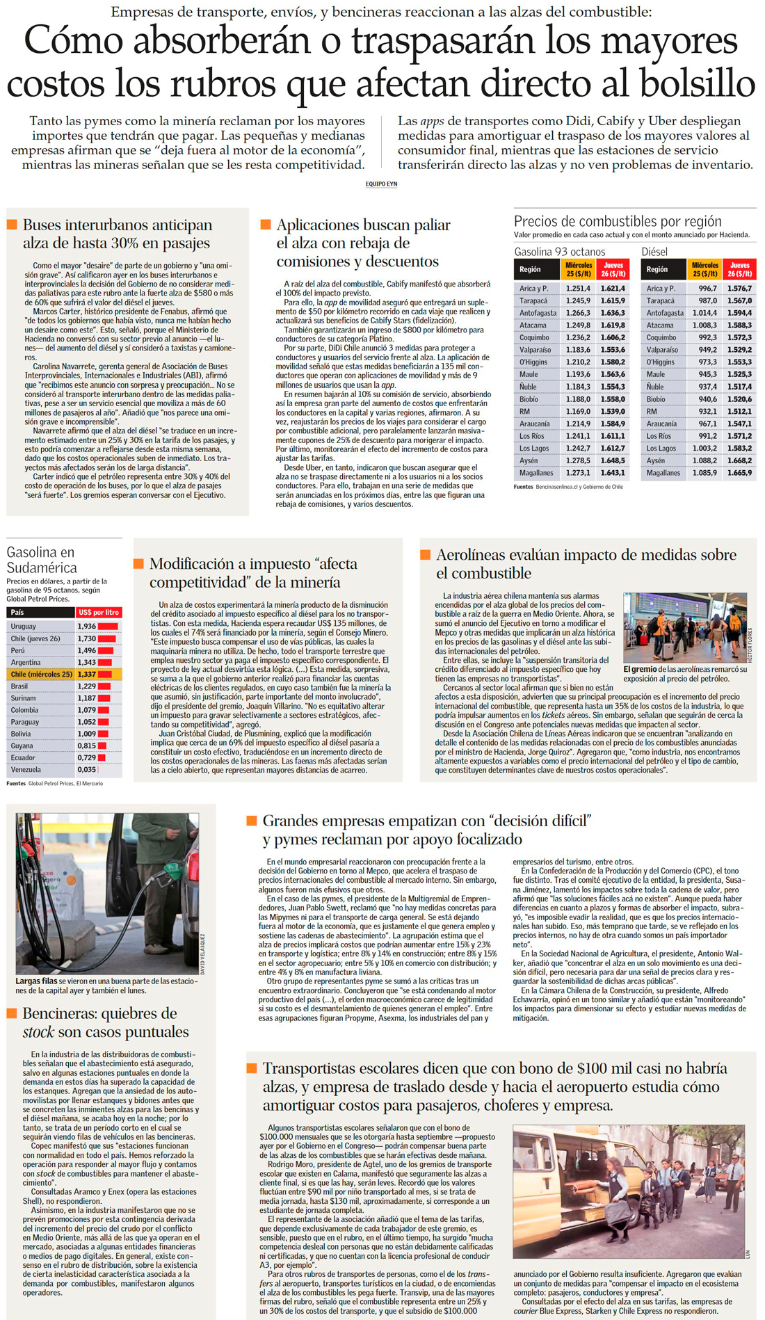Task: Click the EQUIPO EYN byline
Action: click(381, 184)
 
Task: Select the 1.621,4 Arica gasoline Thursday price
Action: click(613, 289)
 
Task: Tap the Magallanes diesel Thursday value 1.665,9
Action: click(739, 473)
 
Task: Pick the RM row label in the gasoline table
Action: click(524, 412)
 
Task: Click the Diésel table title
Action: click(654, 252)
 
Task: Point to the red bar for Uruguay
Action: click(108, 627)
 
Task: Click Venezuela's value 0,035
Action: click(87, 770)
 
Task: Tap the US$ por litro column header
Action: click(99, 613)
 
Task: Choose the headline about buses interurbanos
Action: click(117, 234)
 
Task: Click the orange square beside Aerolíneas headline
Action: click(426, 555)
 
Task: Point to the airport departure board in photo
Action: click(657, 605)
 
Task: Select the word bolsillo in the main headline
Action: click(678, 83)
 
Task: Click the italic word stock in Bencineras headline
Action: click(38, 1032)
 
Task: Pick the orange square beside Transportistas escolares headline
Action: click(252, 1068)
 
